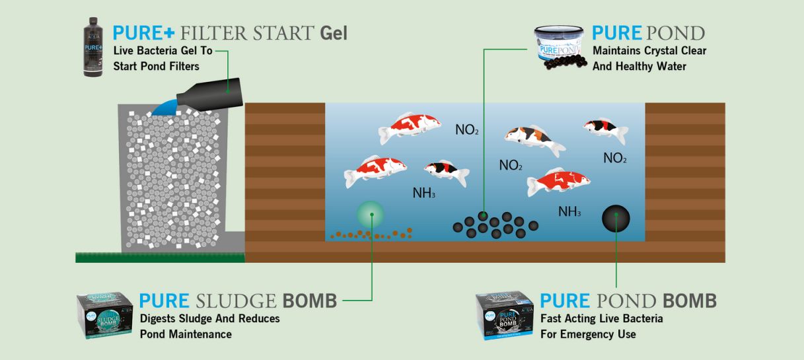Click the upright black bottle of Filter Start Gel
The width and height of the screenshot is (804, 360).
point(94,48)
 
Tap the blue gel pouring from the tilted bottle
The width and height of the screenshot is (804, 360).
point(164,106)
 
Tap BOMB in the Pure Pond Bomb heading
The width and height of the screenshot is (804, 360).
point(690,301)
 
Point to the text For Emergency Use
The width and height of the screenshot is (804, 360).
point(588,334)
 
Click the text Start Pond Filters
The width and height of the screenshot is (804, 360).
point(157,66)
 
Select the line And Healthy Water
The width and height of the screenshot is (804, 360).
point(640,66)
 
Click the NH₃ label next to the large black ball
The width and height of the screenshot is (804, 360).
point(569,211)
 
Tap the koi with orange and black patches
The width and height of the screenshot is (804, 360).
point(534,139)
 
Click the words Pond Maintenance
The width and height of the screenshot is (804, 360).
point(186,334)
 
